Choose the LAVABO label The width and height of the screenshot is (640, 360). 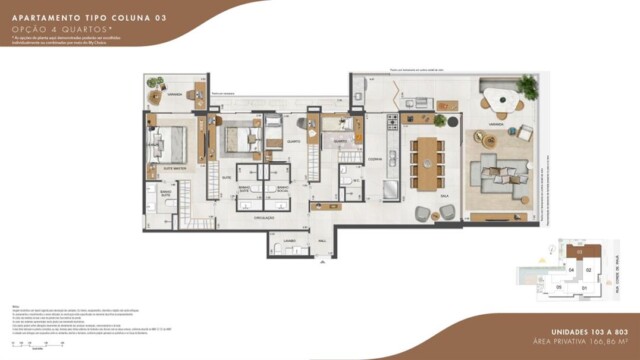click(x=288, y=241)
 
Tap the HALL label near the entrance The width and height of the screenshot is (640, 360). click(x=323, y=241)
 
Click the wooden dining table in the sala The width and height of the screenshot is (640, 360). click(x=428, y=163)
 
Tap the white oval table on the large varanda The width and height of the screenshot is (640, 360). click(x=501, y=101)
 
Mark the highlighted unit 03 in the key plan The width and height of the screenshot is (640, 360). click(x=576, y=251)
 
